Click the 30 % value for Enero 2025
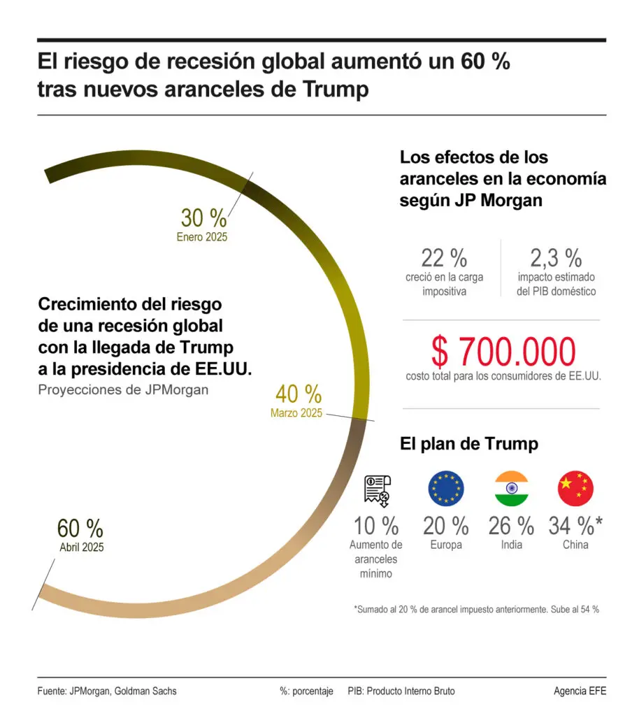click(203, 218)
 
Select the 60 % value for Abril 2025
click(80, 527)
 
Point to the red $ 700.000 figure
click(503, 352)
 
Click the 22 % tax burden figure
click(444, 258)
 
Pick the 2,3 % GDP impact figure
click(556, 258)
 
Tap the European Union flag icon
click(446, 488)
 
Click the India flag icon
click(511, 488)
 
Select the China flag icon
click(575, 488)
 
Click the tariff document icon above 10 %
click(378, 489)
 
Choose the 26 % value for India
click(511, 525)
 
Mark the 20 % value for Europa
click(446, 525)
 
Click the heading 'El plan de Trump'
click(468, 444)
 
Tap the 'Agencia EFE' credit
click(580, 691)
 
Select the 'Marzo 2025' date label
click(296, 413)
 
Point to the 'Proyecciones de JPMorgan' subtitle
click(123, 389)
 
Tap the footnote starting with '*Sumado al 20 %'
click(476, 609)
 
